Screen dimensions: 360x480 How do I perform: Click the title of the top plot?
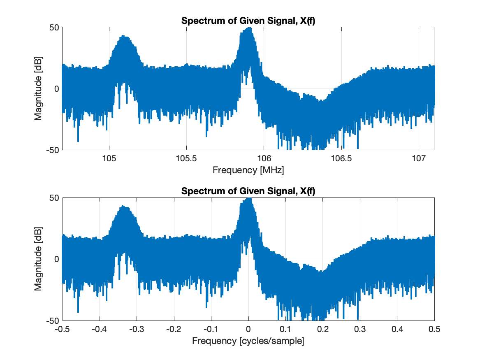click(248, 21)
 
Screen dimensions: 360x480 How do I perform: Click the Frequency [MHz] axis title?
click(248, 170)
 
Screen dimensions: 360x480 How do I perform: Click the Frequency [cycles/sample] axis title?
click(248, 341)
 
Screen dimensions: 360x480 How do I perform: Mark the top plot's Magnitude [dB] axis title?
click(38, 88)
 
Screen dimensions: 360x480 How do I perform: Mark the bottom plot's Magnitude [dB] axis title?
click(38, 259)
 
